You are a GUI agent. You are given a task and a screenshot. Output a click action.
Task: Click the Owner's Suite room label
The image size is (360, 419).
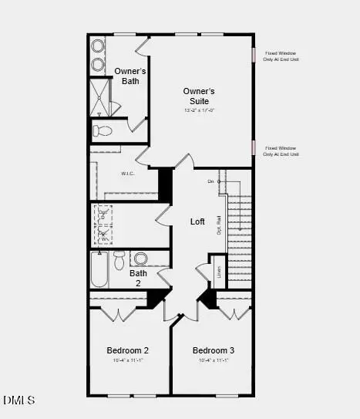(x=199, y=95)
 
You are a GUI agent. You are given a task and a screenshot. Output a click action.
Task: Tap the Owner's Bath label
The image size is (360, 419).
(x=130, y=76)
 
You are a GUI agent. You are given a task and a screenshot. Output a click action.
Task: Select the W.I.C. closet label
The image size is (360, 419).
(x=129, y=174)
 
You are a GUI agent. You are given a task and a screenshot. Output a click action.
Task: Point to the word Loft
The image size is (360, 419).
(x=198, y=221)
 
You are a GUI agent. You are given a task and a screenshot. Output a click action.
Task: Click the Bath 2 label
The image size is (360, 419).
(x=138, y=278)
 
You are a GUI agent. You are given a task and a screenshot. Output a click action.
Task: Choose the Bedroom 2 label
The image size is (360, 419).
(x=128, y=350)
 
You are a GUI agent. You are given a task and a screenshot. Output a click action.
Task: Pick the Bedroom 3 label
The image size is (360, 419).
(x=214, y=350)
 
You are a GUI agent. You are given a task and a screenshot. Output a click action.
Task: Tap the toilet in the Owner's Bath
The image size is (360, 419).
(x=102, y=130)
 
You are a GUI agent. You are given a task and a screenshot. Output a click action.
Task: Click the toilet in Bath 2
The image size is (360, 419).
(x=119, y=260)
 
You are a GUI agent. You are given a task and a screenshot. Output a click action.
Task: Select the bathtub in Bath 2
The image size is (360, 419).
(x=99, y=269)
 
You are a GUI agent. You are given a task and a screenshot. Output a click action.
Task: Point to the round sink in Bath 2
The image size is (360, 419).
(x=140, y=258)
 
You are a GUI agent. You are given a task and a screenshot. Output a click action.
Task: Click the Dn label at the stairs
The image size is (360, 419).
(x=210, y=181)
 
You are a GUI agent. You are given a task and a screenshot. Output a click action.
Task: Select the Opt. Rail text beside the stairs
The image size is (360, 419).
(x=219, y=225)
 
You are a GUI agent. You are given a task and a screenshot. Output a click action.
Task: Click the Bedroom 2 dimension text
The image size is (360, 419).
(x=128, y=360)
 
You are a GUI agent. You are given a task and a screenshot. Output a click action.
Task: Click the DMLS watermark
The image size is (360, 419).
(x=19, y=400)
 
